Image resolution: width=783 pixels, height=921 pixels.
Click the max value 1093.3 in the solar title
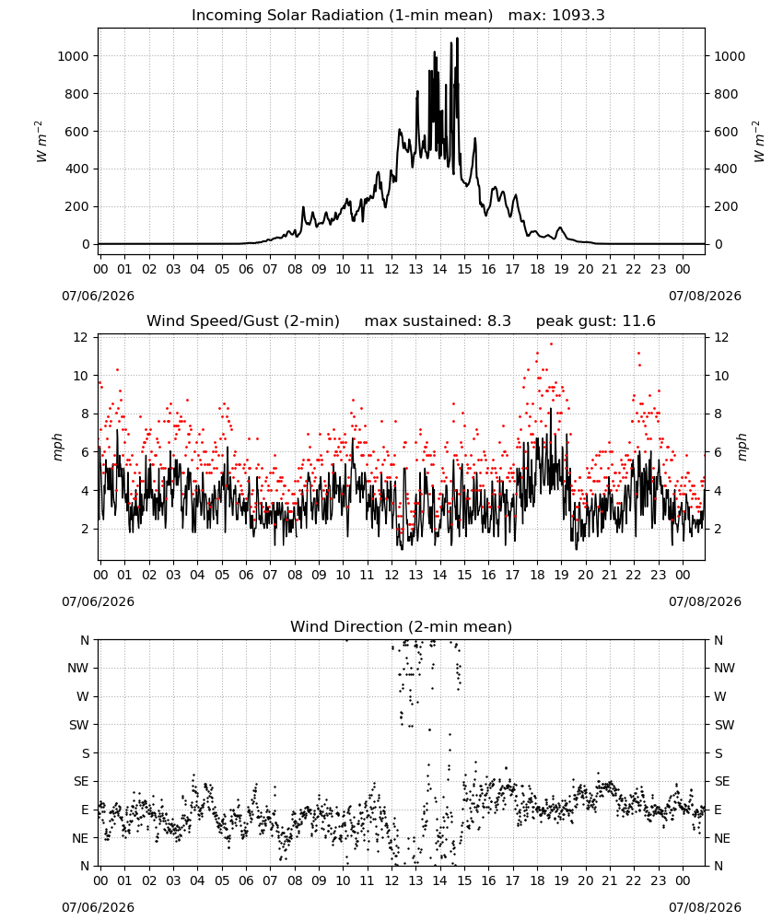point(578,16)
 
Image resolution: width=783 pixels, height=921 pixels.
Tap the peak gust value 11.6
point(638,321)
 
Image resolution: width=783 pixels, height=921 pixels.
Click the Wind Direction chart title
point(402,626)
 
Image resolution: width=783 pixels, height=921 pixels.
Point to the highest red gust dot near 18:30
point(551,344)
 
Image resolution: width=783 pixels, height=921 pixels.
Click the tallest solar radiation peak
point(457,39)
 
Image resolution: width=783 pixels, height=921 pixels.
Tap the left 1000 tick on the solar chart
point(73,56)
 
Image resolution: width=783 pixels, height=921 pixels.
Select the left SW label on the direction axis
point(79,725)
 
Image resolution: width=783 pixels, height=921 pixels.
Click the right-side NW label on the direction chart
point(724,668)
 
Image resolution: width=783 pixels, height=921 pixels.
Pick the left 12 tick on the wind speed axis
point(80,337)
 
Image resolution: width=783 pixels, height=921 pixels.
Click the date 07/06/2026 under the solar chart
point(98,296)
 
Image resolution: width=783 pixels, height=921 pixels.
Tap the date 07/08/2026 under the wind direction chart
point(705,907)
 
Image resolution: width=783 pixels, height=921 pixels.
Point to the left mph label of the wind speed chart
point(57,447)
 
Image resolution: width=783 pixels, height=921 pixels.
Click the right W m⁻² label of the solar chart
point(758,142)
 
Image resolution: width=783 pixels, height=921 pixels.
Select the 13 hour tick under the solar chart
point(415,270)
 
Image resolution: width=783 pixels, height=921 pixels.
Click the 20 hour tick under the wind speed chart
point(586,575)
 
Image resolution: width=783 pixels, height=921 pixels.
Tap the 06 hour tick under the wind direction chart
point(246,881)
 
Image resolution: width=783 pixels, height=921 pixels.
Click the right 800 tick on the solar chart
point(726,94)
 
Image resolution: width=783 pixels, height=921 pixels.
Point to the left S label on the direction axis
point(85,753)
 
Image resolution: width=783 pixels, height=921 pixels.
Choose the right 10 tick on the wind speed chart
point(721,376)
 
